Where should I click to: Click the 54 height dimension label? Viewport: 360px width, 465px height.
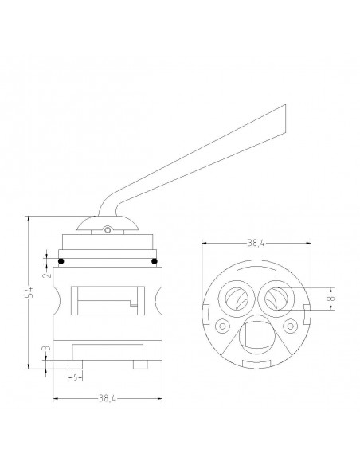coord(29,292)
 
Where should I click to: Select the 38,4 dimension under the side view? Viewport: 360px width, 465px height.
coord(108,399)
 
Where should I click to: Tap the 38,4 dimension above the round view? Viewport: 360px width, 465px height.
coord(256,243)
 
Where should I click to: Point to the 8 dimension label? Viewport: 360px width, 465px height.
coord(332,299)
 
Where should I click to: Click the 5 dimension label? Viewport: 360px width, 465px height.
coord(76,377)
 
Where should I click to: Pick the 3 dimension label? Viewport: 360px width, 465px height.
coord(48,348)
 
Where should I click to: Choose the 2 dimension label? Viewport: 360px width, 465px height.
coord(46,275)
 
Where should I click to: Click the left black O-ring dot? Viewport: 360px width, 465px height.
coord(61,261)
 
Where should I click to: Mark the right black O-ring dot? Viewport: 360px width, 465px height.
coord(155,261)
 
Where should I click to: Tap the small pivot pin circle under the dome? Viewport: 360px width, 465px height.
coord(108,230)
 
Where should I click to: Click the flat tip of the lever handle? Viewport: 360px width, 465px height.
coord(285,119)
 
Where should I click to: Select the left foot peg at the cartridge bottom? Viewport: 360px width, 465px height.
coord(76,365)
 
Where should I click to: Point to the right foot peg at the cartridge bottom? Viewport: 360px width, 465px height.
coord(140,365)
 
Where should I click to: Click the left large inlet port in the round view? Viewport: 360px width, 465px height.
coord(237,299)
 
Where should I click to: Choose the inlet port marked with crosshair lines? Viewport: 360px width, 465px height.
coord(276,299)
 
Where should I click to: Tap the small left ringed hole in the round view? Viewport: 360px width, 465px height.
coord(222,326)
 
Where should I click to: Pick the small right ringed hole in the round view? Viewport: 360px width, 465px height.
coord(291,326)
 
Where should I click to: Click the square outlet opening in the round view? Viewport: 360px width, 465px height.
coord(256,336)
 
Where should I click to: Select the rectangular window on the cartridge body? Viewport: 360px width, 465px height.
coord(108,300)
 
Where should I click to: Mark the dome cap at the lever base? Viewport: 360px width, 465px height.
coord(108,223)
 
